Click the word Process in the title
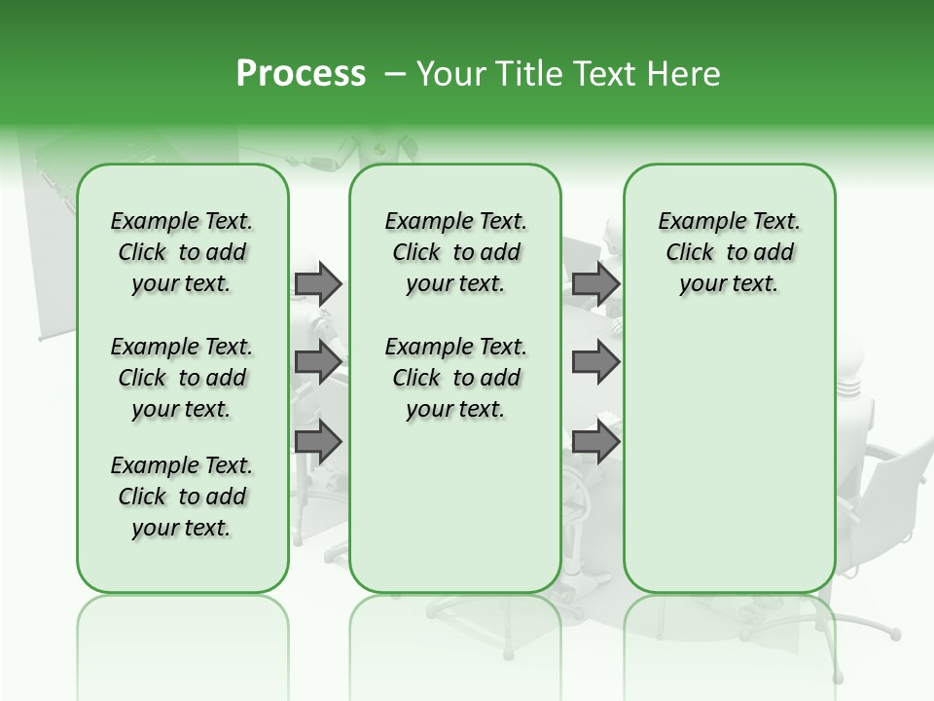(301, 74)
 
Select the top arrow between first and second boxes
(318, 283)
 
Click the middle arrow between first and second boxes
(318, 362)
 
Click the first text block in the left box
(182, 252)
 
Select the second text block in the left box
(182, 378)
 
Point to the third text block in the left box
(182, 497)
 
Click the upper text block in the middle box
(455, 252)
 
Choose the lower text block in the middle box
(455, 378)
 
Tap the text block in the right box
(729, 252)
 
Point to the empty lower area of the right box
(729, 458)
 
